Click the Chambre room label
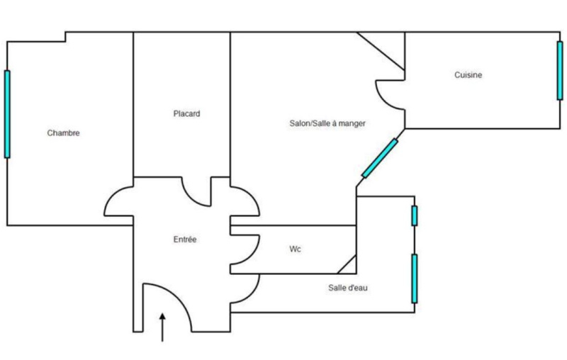(x=63, y=133)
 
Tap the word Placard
(x=186, y=113)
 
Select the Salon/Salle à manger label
(x=327, y=123)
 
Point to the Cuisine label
(x=468, y=75)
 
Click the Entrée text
(x=185, y=240)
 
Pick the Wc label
(x=296, y=249)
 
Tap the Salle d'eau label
(x=347, y=288)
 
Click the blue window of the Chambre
(x=7, y=113)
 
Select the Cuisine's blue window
(x=559, y=70)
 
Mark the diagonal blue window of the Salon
(x=380, y=158)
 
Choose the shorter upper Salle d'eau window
(x=415, y=215)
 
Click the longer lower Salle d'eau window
(x=415, y=278)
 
